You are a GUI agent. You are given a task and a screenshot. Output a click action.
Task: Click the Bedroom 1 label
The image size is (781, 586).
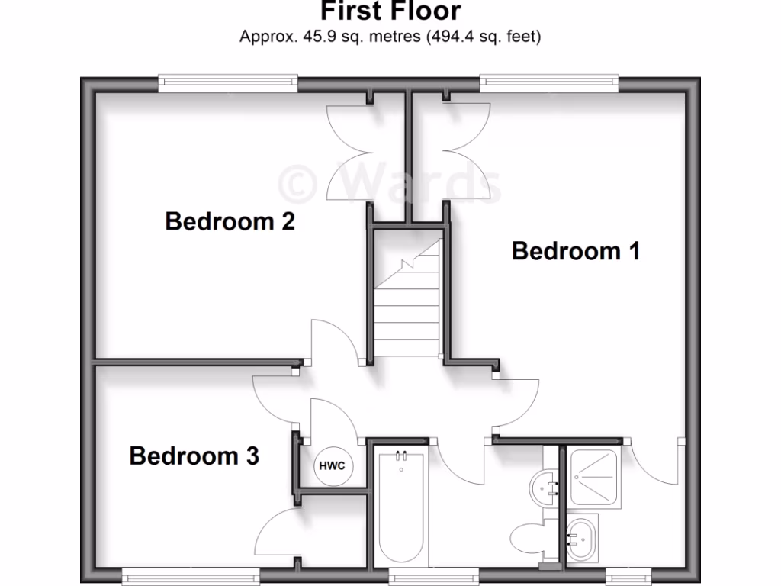pos(576,250)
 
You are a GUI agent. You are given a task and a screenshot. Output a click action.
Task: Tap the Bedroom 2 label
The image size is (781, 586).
pos(230,222)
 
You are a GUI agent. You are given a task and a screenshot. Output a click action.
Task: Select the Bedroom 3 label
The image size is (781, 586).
pos(194,456)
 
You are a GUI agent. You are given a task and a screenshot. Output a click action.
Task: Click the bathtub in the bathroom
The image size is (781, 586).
pos(400,507)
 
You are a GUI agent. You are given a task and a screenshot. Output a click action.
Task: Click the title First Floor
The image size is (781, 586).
pos(390,11)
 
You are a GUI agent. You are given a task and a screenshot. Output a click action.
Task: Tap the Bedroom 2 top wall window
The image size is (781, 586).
pos(227,82)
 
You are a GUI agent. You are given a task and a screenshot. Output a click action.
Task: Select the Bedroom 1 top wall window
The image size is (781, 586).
pos(549,82)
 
